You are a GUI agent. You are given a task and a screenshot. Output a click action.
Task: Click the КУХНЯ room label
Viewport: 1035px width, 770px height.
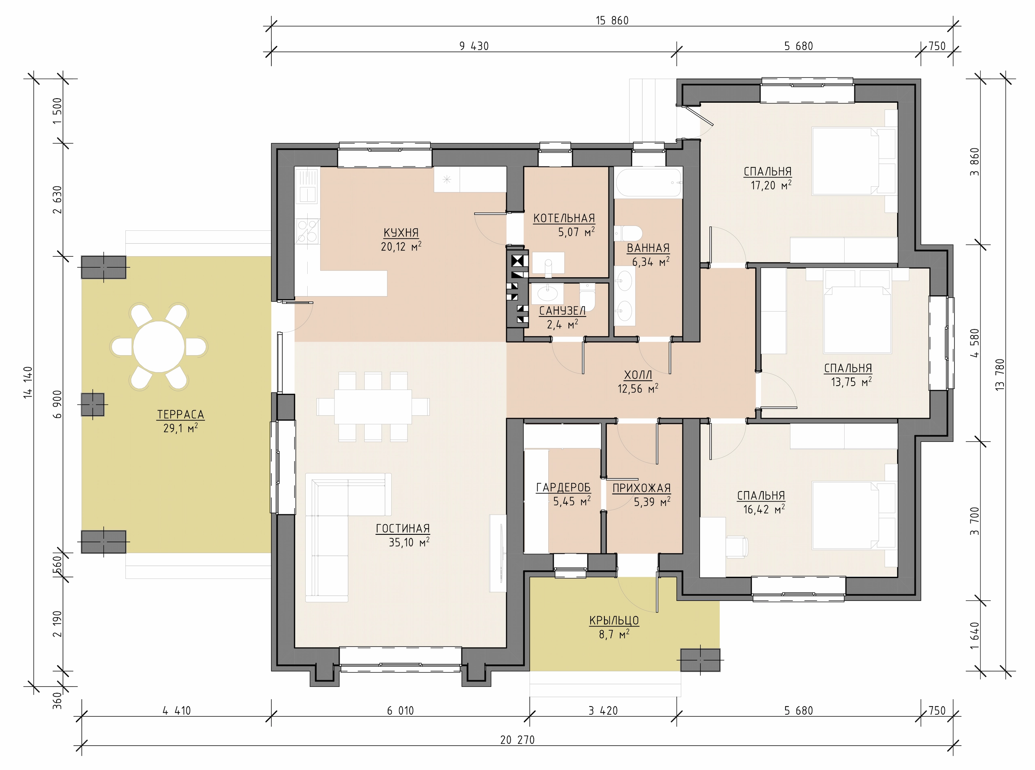click(x=401, y=232)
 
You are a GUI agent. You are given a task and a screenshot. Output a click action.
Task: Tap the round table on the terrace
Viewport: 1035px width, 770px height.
click(x=158, y=347)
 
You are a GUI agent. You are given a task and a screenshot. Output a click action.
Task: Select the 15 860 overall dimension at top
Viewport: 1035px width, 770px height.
click(x=612, y=21)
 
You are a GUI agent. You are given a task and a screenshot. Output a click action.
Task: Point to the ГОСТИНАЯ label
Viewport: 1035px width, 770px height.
click(x=403, y=529)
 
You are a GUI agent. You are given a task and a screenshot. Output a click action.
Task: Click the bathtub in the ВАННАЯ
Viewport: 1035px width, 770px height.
click(x=648, y=183)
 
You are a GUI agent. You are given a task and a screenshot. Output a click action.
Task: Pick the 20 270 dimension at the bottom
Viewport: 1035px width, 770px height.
click(x=517, y=740)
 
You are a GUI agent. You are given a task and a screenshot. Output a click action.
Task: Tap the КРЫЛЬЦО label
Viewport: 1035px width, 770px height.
click(x=614, y=621)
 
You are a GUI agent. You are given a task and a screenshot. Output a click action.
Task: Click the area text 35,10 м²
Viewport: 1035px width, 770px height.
click(x=409, y=542)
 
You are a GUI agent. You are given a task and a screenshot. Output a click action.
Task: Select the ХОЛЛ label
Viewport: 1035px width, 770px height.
click(x=638, y=375)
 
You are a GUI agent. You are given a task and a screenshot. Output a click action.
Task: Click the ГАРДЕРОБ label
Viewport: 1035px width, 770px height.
click(x=563, y=487)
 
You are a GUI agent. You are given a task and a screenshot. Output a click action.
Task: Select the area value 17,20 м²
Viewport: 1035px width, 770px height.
click(x=771, y=186)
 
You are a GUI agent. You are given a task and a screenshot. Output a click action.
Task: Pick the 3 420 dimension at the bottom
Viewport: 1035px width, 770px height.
click(x=603, y=711)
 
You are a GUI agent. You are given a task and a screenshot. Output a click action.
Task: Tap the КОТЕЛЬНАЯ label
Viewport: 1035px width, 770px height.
click(x=564, y=218)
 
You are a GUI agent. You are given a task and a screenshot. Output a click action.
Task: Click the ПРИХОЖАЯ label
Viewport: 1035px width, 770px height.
click(x=642, y=488)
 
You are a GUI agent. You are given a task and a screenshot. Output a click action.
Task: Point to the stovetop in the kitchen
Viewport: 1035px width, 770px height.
click(x=307, y=231)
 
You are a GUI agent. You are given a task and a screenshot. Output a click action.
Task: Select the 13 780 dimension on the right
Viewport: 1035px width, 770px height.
click(x=999, y=374)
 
